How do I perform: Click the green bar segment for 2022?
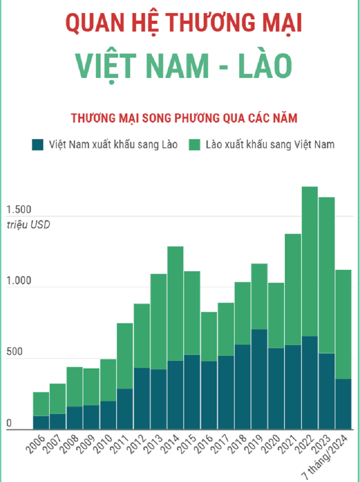click(310, 261)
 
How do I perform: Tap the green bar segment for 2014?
click(175, 303)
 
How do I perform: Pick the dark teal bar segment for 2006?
click(41, 423)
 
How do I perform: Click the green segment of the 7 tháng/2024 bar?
click(343, 324)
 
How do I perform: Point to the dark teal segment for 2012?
click(142, 399)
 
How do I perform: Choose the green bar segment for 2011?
click(125, 356)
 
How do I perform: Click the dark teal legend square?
click(38, 145)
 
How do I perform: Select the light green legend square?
click(194, 145)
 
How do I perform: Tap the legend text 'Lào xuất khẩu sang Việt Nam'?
click(270, 145)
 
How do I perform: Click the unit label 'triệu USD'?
click(28, 224)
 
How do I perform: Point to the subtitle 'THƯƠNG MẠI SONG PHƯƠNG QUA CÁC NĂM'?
click(184, 118)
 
